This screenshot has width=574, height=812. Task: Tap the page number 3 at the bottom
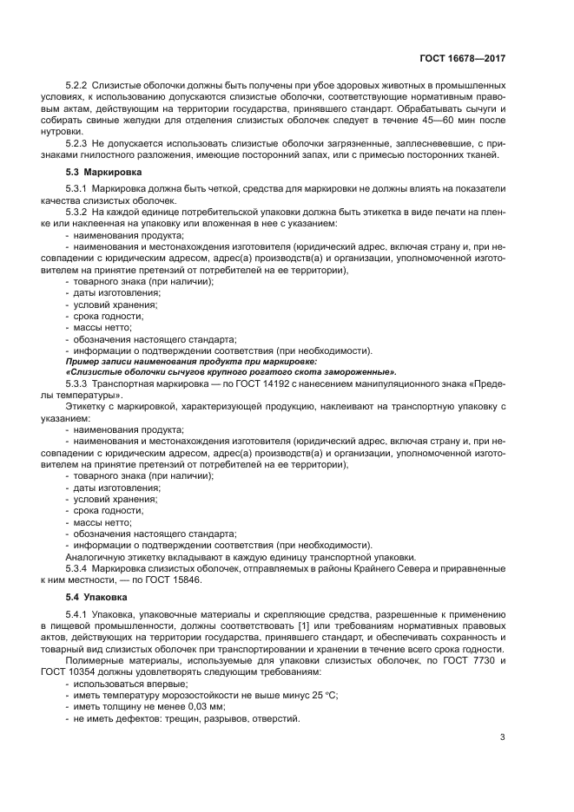point(502,737)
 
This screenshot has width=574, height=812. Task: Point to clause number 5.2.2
point(80,87)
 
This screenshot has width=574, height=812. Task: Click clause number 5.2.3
point(80,143)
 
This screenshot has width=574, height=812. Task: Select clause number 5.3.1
point(80,189)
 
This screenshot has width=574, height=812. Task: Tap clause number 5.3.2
point(80,212)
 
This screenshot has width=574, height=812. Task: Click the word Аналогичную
point(97,556)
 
